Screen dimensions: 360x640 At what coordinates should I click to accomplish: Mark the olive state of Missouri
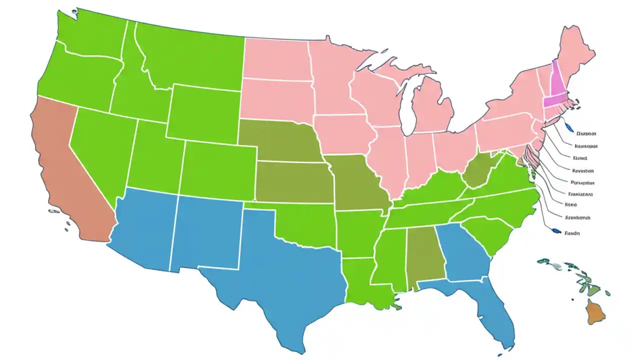(x=357, y=182)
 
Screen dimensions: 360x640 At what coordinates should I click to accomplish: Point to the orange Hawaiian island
(x=595, y=312)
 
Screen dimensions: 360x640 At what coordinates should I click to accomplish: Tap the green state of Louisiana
(x=362, y=282)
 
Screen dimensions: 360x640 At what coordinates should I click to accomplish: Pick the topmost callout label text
(x=586, y=134)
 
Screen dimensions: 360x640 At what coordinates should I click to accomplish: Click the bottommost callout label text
(x=572, y=232)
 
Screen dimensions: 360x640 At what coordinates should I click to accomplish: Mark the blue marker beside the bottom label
(x=554, y=230)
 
